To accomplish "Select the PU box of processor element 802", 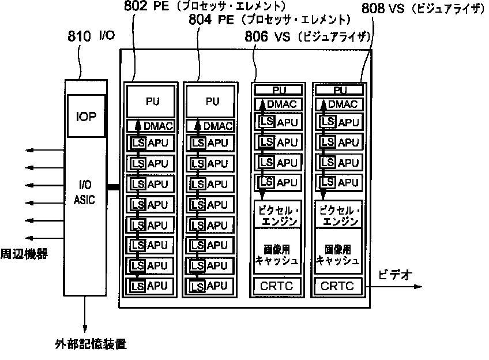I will [152, 102].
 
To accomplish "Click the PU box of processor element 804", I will [209, 102].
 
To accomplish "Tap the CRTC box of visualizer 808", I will [338, 286].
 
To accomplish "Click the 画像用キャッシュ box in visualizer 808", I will [338, 254].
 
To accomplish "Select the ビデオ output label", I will [396, 275].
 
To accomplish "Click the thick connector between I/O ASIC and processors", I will [112, 187].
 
